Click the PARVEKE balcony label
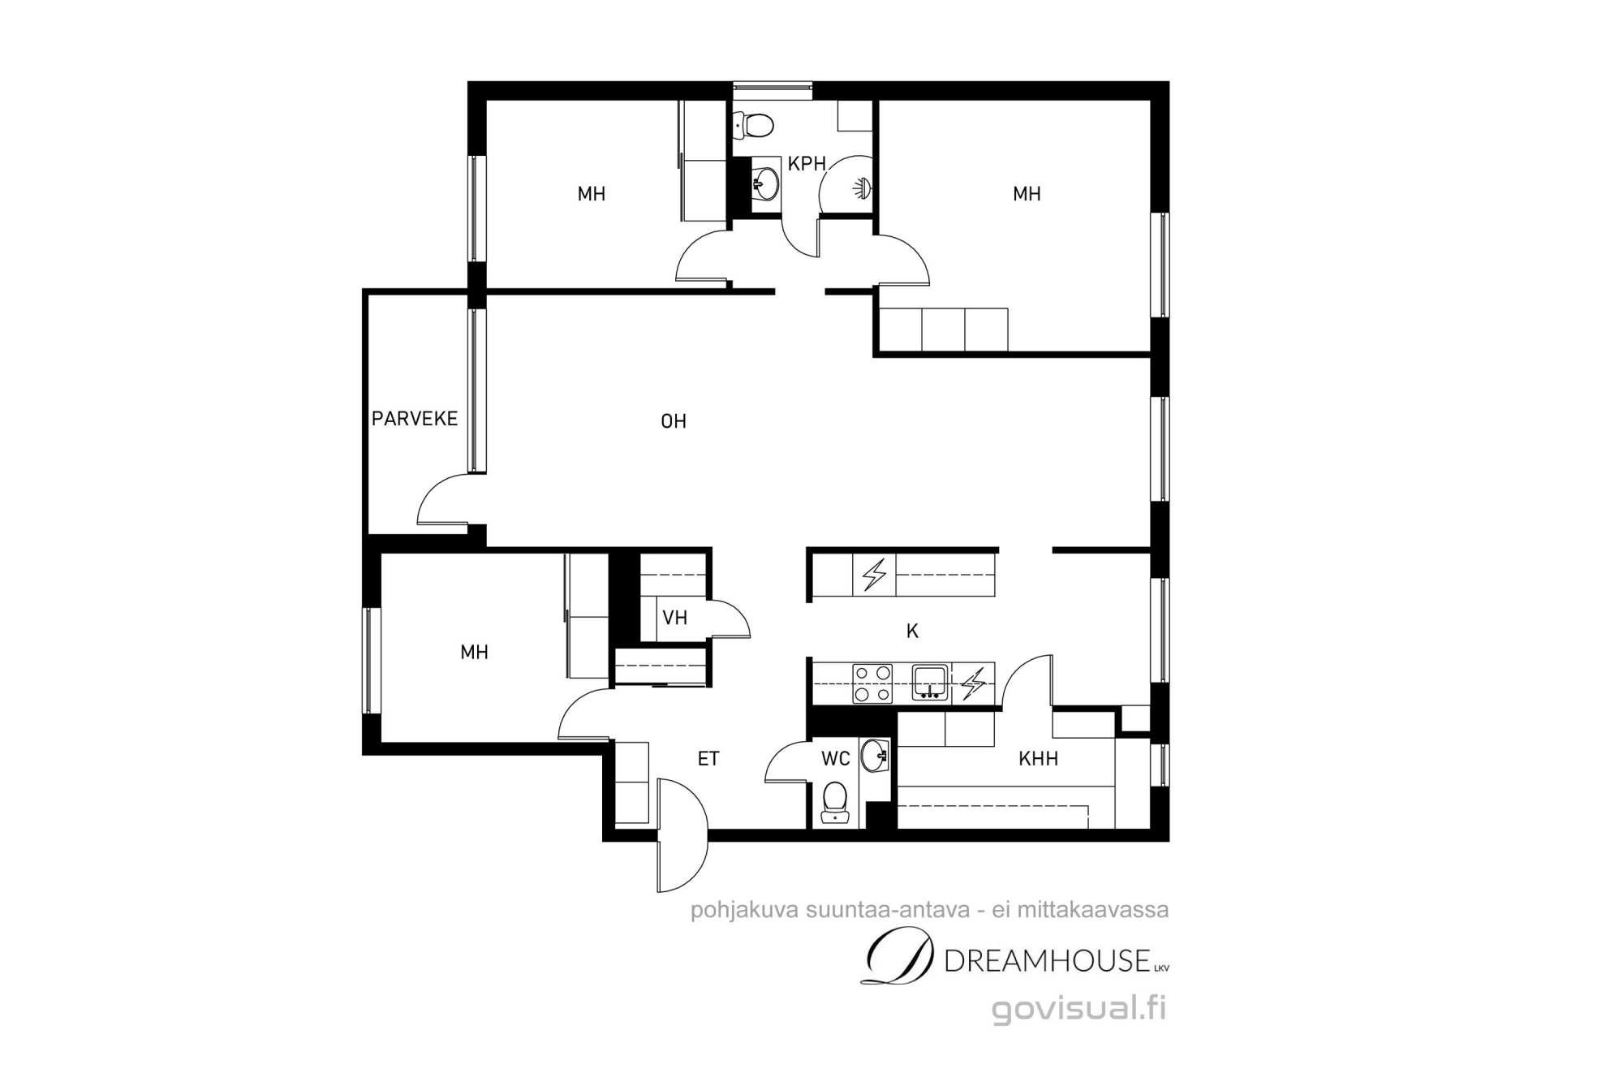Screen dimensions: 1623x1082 pos(415,418)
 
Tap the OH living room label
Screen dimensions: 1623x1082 pos(674,420)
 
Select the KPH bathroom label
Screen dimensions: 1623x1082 pos(807,163)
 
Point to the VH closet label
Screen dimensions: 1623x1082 pos(674,618)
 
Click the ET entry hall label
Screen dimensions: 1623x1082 pos(708,758)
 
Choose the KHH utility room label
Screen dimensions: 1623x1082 pos(1038,758)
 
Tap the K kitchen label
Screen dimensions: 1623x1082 pos(912,631)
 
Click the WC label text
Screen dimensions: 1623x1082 pos(835,758)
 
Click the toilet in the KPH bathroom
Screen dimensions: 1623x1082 pos(752,125)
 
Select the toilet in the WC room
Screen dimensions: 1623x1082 pos(834,802)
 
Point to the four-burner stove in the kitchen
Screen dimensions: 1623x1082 pos(872,683)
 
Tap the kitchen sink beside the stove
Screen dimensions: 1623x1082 pos(930,683)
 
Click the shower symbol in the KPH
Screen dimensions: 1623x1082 pos(861,188)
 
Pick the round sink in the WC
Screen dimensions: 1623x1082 pos(874,755)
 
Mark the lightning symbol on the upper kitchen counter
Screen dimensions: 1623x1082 pos(874,575)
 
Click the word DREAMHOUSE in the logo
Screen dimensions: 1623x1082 pos(1048,961)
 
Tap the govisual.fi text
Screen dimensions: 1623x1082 pos(1079,1008)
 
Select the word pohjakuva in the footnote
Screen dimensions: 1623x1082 pos(744,910)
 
